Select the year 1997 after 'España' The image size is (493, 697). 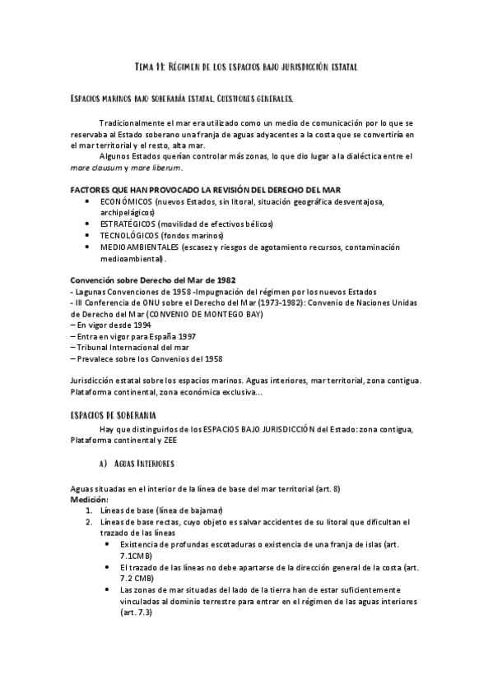pyautogui.click(x=184, y=336)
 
